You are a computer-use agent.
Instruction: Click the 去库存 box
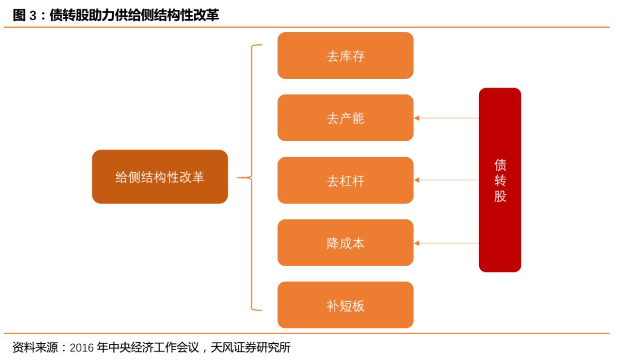pos(345,55)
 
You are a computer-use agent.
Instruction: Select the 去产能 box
pos(345,118)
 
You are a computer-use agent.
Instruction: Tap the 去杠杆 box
pos(345,180)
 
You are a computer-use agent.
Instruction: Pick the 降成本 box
pos(345,242)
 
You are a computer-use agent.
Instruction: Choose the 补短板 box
pos(345,305)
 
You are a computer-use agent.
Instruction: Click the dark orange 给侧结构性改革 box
pos(160,177)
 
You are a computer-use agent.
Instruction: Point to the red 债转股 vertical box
pos(500,180)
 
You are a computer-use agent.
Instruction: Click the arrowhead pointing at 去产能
pos(416,118)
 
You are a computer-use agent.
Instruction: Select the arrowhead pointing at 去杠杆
pos(416,180)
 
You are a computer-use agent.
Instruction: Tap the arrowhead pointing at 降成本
pos(416,243)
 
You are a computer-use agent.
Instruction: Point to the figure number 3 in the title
pos(32,16)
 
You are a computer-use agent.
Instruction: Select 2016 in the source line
pos(82,348)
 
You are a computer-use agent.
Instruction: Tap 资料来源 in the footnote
pos(35,347)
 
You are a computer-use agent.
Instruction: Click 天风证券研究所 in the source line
pos(251,347)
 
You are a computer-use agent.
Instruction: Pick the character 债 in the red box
pos(500,164)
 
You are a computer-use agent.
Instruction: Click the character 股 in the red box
pos(500,196)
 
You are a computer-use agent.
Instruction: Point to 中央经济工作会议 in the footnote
pos(153,347)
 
